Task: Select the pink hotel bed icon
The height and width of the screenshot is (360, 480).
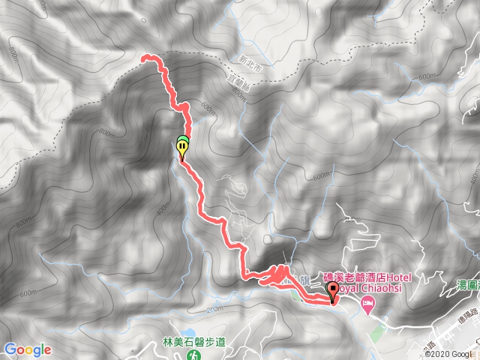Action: (x=367, y=304)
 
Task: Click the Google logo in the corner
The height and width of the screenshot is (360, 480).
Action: (x=27, y=349)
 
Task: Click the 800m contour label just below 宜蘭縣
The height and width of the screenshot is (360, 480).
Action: (x=238, y=94)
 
